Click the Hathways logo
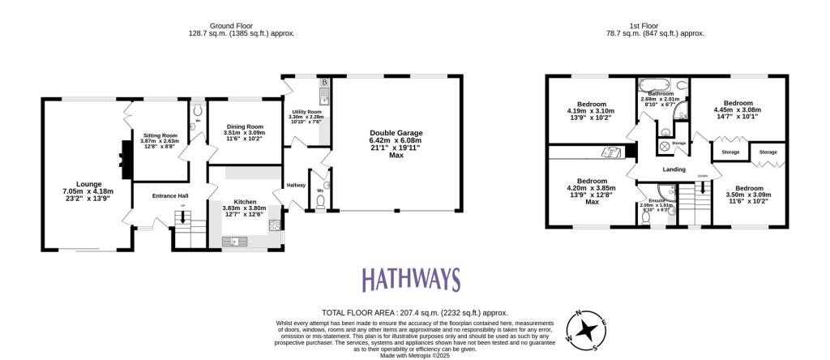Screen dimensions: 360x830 tap(411, 281)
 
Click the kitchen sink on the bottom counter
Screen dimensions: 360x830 tap(235, 241)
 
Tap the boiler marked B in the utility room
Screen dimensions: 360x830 tap(323, 83)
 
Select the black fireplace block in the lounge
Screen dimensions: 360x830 tap(125, 159)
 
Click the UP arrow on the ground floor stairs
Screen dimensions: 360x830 tap(182, 220)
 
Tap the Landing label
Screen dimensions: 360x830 tap(674, 169)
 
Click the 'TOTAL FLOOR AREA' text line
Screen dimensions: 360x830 tap(414, 312)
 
